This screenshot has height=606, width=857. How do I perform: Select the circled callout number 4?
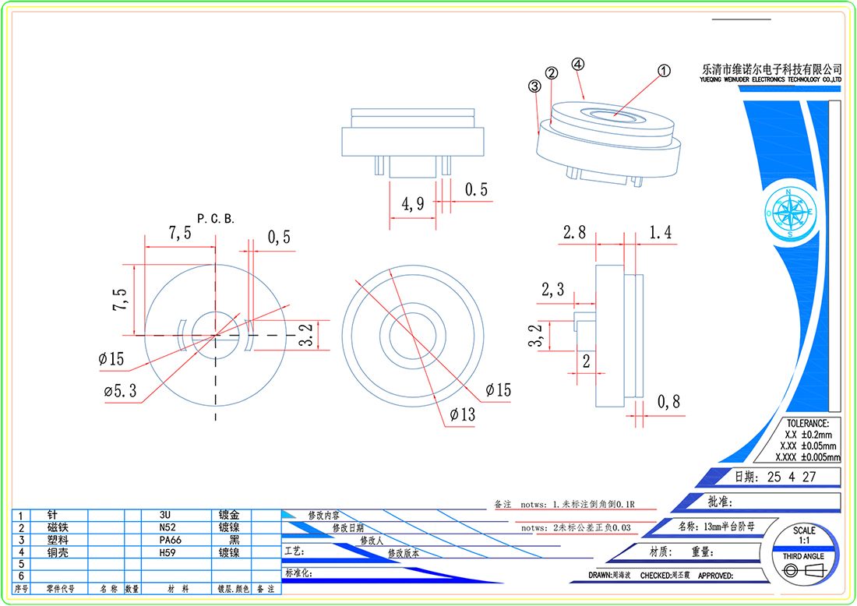577,65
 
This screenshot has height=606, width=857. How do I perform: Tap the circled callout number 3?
534,86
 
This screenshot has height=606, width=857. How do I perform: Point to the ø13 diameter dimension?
462,415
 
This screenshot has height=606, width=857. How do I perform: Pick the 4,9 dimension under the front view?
413,205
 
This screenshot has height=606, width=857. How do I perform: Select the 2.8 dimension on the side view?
574,231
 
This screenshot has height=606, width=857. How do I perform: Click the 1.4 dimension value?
660,231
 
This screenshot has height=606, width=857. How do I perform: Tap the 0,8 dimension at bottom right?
668,403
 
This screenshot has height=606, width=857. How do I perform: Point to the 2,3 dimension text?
553,291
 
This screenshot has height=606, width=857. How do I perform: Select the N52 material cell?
164,527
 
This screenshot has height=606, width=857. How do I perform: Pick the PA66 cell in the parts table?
167,539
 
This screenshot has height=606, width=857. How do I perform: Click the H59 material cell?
165,551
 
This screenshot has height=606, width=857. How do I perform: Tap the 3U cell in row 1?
164,515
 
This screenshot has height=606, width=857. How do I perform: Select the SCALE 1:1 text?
804,535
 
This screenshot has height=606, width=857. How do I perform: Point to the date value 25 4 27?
791,477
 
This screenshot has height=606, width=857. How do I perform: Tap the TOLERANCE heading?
807,422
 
